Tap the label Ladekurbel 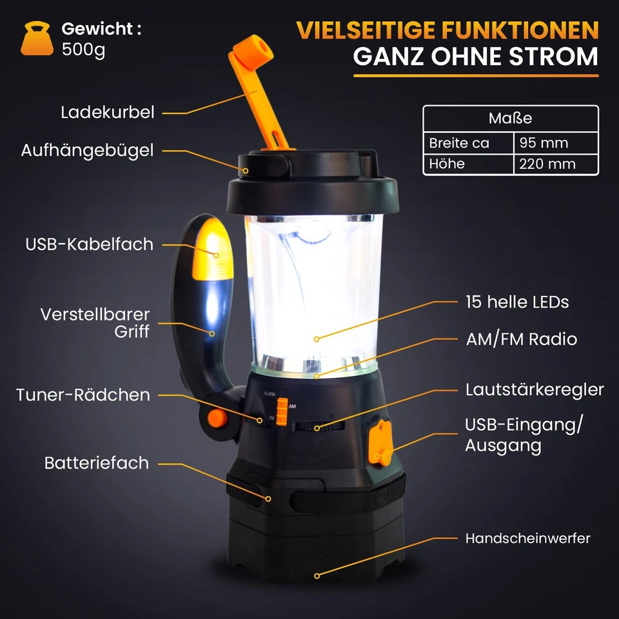108,112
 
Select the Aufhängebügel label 88,150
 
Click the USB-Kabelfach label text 90,244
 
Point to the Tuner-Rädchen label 83,395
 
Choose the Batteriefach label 97,463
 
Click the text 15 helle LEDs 517,302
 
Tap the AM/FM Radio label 521,339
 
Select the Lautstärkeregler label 535,389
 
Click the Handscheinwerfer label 527,538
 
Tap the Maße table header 510,119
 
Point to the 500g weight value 83,49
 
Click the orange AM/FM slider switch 282,411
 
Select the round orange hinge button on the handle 217,418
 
